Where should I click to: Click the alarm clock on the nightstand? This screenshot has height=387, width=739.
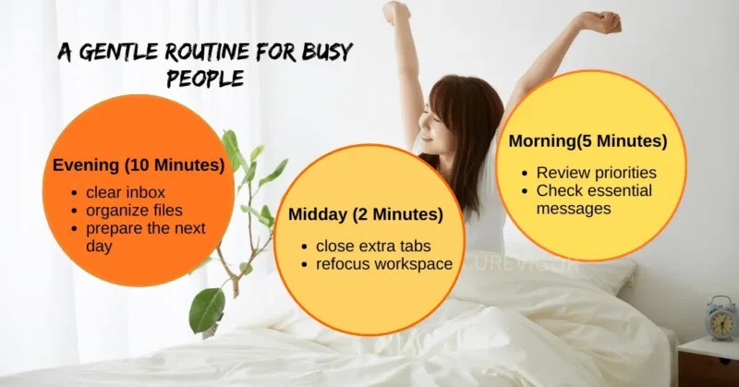point(721,318)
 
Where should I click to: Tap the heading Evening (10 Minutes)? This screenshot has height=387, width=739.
point(139,165)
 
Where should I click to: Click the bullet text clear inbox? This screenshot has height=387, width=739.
point(127,192)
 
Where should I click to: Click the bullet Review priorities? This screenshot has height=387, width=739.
point(597,173)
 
